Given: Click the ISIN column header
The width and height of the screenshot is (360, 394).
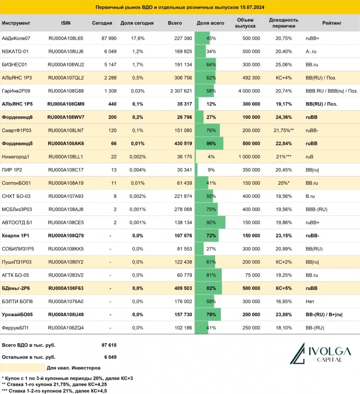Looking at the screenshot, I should point(66,23).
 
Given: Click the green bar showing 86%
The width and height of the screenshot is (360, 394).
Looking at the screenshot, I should point(209,143).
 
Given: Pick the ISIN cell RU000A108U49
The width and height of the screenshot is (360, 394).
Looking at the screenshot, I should point(66,314).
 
